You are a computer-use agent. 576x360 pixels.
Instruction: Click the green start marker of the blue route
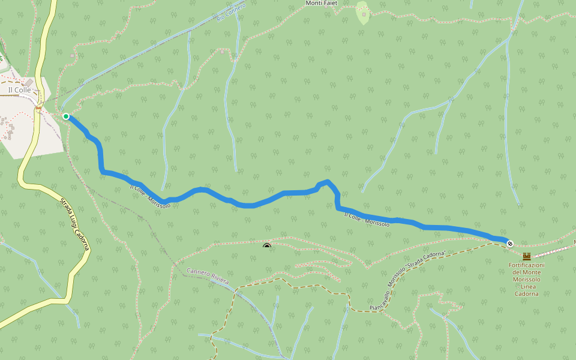66,116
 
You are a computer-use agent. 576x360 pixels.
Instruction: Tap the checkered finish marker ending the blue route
510,243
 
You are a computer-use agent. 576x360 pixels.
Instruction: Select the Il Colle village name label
19,90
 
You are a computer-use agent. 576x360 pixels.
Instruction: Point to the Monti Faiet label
322,4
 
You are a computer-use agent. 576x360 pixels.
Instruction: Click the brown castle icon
526,256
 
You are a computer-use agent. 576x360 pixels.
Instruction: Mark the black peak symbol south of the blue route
267,245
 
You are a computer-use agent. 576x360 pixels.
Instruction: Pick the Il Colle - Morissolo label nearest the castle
367,219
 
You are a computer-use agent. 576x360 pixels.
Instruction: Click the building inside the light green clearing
364,13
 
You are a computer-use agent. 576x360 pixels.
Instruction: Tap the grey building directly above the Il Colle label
29,82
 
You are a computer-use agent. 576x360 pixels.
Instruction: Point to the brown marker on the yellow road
38,109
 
